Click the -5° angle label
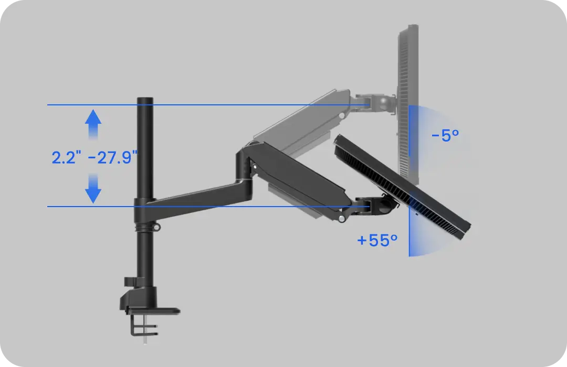tap(445, 135)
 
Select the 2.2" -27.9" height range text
tap(94, 157)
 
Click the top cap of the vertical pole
tap(144, 100)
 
